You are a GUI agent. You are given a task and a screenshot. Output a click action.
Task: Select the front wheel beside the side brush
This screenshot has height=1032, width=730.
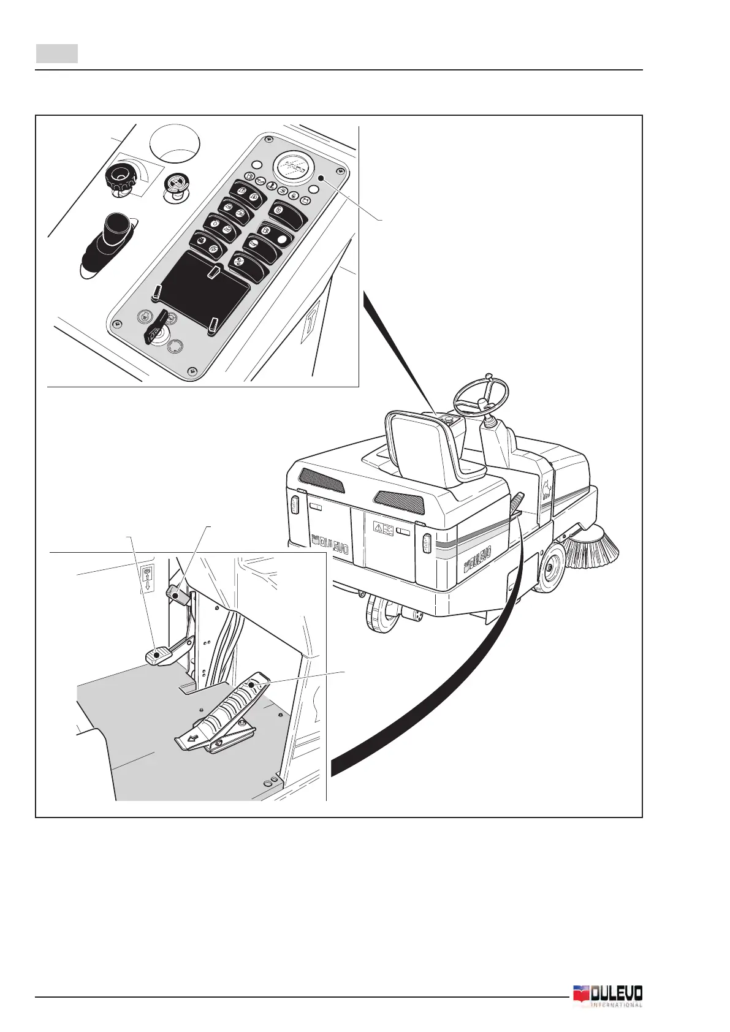click(x=548, y=566)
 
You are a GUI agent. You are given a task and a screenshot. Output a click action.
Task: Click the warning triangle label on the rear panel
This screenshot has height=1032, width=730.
click(x=383, y=528)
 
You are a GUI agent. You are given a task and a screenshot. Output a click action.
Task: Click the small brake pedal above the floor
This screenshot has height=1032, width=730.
click(x=158, y=655)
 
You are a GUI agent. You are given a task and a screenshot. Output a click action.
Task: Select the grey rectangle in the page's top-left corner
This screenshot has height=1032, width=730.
click(x=56, y=53)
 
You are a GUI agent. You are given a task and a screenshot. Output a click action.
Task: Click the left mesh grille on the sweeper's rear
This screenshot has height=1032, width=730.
click(x=321, y=480)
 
